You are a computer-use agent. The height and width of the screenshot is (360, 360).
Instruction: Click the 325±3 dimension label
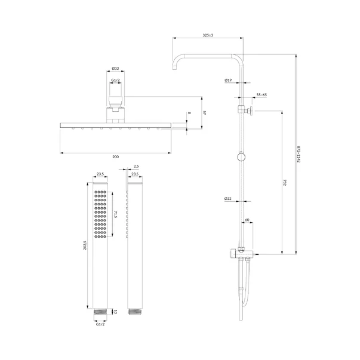pyautogui.click(x=208, y=35)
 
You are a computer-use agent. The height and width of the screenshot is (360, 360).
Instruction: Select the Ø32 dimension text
pyautogui.click(x=115, y=68)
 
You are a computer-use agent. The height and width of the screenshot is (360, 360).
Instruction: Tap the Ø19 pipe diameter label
pyautogui.click(x=228, y=80)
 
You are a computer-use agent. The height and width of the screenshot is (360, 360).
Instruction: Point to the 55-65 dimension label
pyautogui.click(x=261, y=94)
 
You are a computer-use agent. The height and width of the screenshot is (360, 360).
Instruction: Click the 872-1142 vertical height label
pyautogui.click(x=299, y=154)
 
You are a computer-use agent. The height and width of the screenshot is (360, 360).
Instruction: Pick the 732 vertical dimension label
pyautogui.click(x=285, y=183)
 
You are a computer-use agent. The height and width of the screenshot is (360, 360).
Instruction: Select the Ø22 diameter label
pyautogui.click(x=228, y=199)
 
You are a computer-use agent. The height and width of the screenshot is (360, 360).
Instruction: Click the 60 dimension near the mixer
pyautogui.click(x=247, y=220)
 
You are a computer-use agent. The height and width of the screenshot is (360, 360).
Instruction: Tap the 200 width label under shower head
pyautogui.click(x=115, y=157)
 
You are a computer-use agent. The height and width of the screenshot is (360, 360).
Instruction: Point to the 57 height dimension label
pyautogui.click(x=205, y=113)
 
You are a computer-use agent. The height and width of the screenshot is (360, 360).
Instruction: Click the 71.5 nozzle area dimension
pyautogui.click(x=115, y=214)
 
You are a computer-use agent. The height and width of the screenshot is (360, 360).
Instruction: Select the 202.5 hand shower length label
pyautogui.click(x=85, y=245)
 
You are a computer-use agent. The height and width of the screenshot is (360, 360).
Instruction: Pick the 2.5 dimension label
pyautogui.click(x=136, y=166)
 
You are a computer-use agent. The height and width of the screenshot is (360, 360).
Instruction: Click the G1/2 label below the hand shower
pyautogui.click(x=100, y=324)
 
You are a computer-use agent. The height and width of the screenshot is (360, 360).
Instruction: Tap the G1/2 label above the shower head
pyautogui.click(x=115, y=80)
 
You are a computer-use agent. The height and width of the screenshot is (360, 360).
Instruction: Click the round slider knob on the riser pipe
pyautogui.click(x=241, y=157)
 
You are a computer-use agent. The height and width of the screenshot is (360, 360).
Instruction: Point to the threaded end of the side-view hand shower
pyautogui.click(x=134, y=312)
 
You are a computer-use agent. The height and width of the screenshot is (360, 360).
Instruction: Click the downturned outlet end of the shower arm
pyautogui.click(x=174, y=67)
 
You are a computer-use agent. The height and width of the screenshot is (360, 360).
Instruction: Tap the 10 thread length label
pyautogui.click(x=115, y=312)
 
